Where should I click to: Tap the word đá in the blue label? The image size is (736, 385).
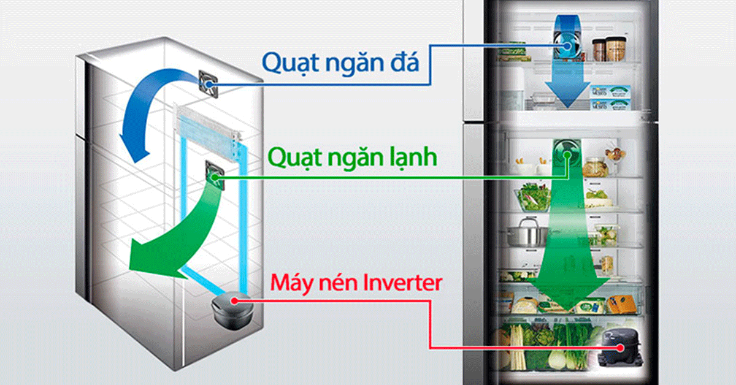pos(402,63)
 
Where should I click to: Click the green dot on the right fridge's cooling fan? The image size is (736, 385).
pos(567,156)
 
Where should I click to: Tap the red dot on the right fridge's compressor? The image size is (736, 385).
pos(622,347)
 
